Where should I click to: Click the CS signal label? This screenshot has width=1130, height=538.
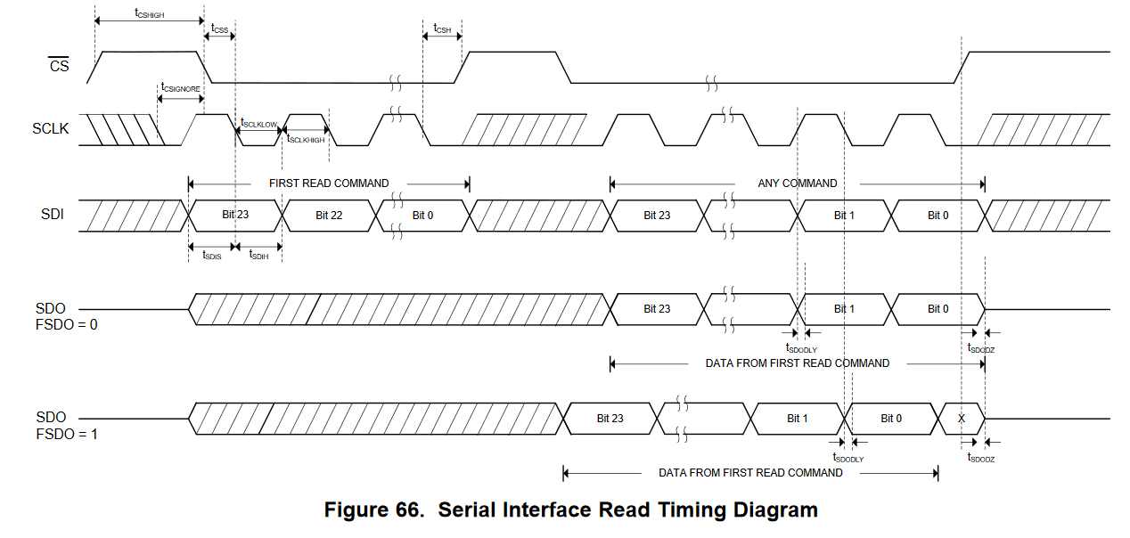pyautogui.click(x=58, y=65)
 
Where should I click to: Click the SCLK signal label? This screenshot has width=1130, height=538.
pyautogui.click(x=51, y=128)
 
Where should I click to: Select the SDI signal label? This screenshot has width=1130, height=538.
pyautogui.click(x=53, y=215)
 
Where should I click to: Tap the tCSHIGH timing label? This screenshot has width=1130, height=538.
pyautogui.click(x=149, y=13)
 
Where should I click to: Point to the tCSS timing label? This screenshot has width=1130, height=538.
pyautogui.click(x=219, y=29)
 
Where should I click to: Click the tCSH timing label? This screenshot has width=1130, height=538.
pyautogui.click(x=442, y=29)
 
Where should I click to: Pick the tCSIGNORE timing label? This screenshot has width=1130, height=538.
pyautogui.click(x=180, y=88)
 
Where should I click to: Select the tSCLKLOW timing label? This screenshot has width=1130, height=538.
pyautogui.click(x=259, y=124)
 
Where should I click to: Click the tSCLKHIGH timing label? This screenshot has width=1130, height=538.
pyautogui.click(x=306, y=140)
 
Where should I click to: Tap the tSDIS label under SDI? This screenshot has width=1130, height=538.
pyautogui.click(x=211, y=256)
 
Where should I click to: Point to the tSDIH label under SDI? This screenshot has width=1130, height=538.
pyautogui.click(x=258, y=256)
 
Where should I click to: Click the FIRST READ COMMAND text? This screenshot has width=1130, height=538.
pyautogui.click(x=329, y=183)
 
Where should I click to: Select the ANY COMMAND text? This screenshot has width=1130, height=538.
pyautogui.click(x=797, y=183)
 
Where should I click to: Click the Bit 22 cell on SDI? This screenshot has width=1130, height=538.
pyautogui.click(x=329, y=216)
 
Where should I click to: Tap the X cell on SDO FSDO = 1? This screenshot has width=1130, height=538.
pyautogui.click(x=961, y=418)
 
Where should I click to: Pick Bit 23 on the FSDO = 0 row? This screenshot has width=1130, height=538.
pyautogui.click(x=657, y=309)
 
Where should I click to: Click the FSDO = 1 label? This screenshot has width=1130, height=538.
pyautogui.click(x=67, y=434)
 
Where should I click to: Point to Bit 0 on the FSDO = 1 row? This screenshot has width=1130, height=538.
pyautogui.click(x=891, y=419)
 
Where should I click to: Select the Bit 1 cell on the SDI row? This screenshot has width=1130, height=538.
pyautogui.click(x=844, y=216)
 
